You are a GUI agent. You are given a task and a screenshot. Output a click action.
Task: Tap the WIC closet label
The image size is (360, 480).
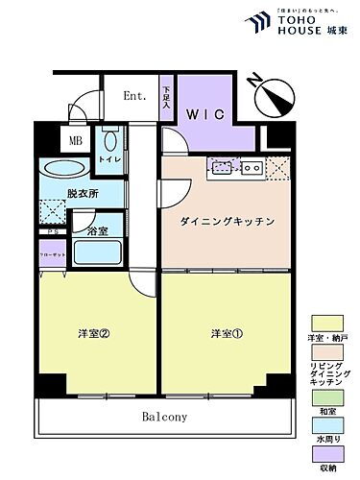pos(206,114)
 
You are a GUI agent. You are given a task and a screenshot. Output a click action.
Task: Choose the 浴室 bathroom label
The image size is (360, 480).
pos(98,231)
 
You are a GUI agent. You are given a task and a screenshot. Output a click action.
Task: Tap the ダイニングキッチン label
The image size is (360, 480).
pos(228,222)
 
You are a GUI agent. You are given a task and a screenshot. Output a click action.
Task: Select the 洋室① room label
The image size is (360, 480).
pos(228,335)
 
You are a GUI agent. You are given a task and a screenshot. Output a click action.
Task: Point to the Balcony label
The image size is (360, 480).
pos(165,418)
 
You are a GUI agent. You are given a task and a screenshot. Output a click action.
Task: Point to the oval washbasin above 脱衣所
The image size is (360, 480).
pos(65,171)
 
